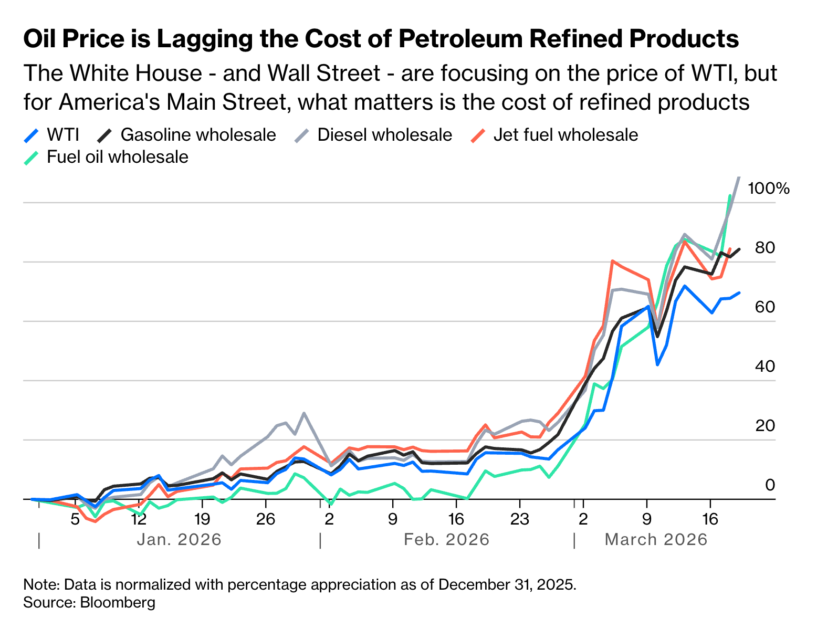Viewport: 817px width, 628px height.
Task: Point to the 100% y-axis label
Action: click(768, 189)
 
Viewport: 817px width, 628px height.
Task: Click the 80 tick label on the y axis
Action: click(765, 248)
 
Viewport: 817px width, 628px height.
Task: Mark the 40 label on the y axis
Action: click(765, 367)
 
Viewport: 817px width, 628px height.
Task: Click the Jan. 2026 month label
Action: click(179, 539)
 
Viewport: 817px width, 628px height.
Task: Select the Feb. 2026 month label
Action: click(446, 539)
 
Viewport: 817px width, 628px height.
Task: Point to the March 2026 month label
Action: click(656, 539)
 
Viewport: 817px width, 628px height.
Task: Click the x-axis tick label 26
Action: click(266, 519)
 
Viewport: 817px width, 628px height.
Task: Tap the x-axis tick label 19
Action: click(202, 519)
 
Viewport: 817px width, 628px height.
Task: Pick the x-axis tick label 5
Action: click(75, 519)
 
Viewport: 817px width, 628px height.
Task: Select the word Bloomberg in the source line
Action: click(118, 602)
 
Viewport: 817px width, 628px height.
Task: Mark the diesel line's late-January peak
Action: click(304, 413)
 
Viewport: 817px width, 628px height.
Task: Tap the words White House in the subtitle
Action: click(135, 73)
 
